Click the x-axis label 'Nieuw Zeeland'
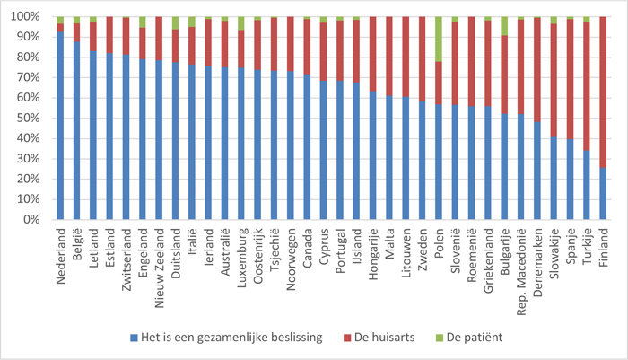(159, 256)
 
